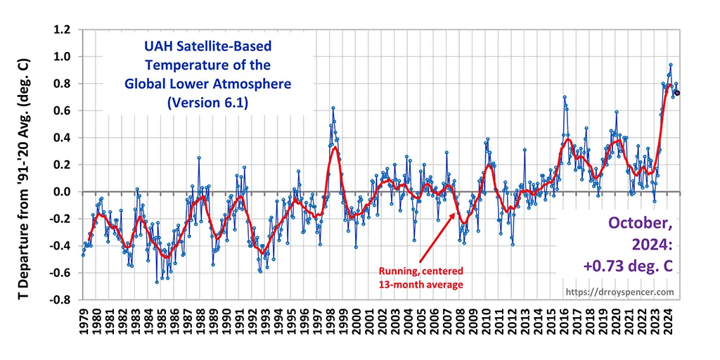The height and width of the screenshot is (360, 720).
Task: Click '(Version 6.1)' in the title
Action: coord(207,103)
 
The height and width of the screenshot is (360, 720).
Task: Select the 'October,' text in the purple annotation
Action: coord(638,224)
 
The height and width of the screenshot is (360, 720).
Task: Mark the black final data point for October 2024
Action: coord(677,93)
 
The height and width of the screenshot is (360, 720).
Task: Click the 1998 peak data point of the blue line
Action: coord(333,108)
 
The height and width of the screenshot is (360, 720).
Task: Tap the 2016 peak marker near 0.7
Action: coord(564,98)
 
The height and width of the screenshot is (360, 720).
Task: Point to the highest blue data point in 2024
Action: coord(670,65)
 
